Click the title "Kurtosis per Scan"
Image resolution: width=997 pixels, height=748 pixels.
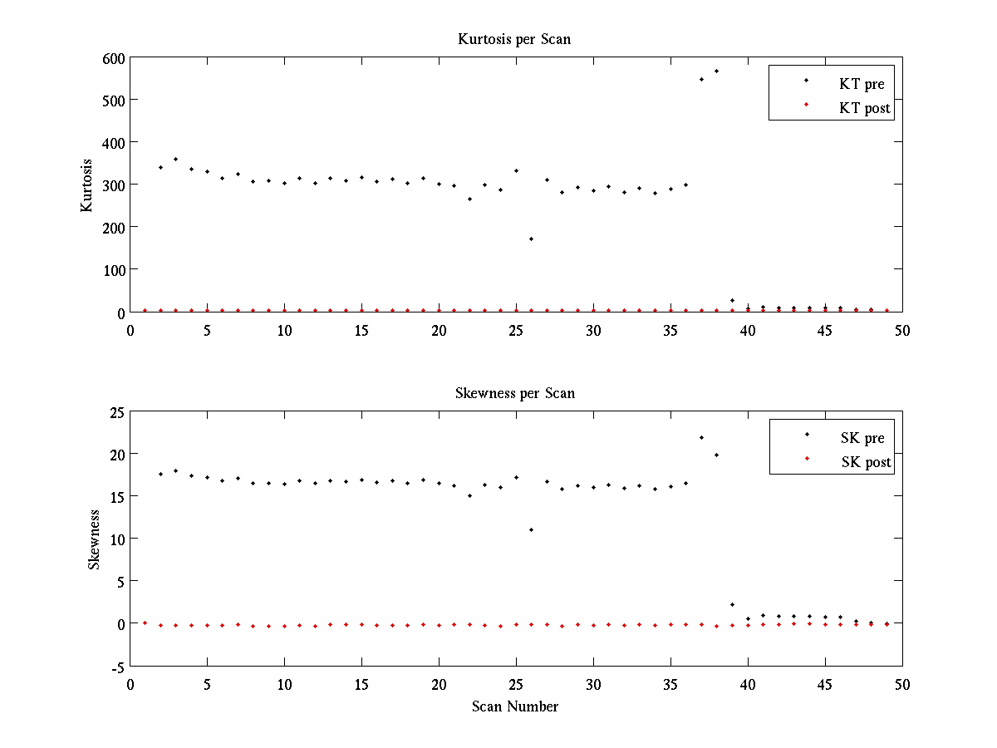point(514,39)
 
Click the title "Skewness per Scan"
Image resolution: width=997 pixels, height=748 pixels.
point(514,393)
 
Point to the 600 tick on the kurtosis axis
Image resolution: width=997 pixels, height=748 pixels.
point(113,58)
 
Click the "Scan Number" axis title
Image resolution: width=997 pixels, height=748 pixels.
point(515,707)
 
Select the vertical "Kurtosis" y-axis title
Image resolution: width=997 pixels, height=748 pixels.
point(87,185)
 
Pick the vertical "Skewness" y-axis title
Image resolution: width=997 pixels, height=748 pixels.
point(94,539)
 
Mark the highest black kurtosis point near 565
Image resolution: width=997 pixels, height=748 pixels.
point(716,71)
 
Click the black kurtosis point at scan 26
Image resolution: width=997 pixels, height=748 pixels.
point(531,239)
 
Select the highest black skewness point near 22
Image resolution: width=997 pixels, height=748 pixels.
point(701,437)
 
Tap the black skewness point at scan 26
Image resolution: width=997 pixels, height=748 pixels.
point(531,529)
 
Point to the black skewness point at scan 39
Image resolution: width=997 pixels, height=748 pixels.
point(732,604)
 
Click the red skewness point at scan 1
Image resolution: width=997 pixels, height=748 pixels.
point(145,623)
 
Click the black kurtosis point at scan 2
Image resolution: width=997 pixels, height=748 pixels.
point(160,167)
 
